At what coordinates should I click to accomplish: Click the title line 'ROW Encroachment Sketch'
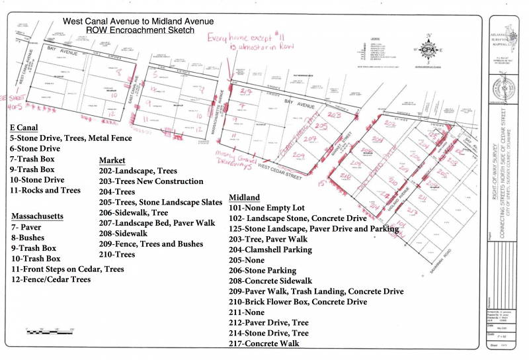click(140, 30)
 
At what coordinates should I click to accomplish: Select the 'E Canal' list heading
click(24, 127)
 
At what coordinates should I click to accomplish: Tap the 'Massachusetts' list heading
click(38, 216)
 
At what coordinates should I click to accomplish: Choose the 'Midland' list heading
click(244, 197)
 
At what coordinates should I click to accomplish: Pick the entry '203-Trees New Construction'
click(151, 181)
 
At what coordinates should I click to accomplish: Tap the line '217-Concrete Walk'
click(264, 343)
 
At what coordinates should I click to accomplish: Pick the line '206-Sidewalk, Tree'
click(134, 213)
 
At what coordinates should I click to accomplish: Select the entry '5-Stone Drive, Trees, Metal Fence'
click(71, 138)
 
